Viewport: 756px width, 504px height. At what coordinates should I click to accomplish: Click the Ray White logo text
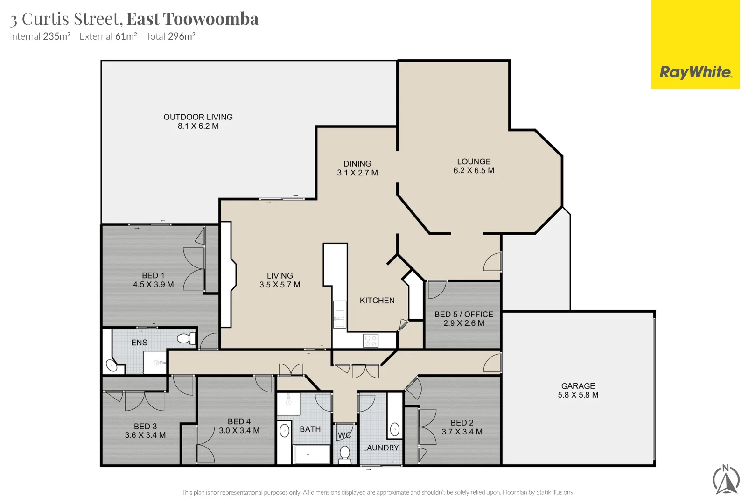[x=695, y=72]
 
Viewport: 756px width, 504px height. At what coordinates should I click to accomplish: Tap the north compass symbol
[x=726, y=480]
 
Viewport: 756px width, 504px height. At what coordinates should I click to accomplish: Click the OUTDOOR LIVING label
[x=198, y=117]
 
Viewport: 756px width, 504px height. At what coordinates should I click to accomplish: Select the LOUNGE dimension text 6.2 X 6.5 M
[x=473, y=171]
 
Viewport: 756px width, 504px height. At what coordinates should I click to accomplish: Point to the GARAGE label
[x=578, y=386]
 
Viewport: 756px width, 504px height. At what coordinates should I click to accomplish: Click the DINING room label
[x=357, y=164]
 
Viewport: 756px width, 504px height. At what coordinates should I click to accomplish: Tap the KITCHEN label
[x=377, y=301]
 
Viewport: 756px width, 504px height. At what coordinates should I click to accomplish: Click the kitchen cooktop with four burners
[x=371, y=341]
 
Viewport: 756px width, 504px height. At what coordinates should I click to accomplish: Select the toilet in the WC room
[x=345, y=453]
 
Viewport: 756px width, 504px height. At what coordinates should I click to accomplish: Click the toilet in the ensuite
[x=185, y=338]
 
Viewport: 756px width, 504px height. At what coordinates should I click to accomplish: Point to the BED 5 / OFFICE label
[x=463, y=315]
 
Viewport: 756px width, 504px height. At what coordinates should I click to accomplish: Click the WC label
[x=344, y=435]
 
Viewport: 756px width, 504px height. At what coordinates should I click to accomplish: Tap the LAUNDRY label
[x=381, y=448]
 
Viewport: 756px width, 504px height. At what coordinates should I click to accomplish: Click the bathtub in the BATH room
[x=311, y=454]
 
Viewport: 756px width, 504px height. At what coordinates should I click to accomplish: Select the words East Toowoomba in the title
[x=192, y=19]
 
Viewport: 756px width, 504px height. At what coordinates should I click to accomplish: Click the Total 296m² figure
[x=170, y=36]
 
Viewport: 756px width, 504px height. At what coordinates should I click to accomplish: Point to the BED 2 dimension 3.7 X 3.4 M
[x=462, y=432]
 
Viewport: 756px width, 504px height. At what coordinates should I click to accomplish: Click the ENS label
[x=139, y=343]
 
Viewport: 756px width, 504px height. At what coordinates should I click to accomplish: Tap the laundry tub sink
[x=395, y=430]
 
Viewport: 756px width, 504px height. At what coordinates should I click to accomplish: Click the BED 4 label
[x=239, y=421]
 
